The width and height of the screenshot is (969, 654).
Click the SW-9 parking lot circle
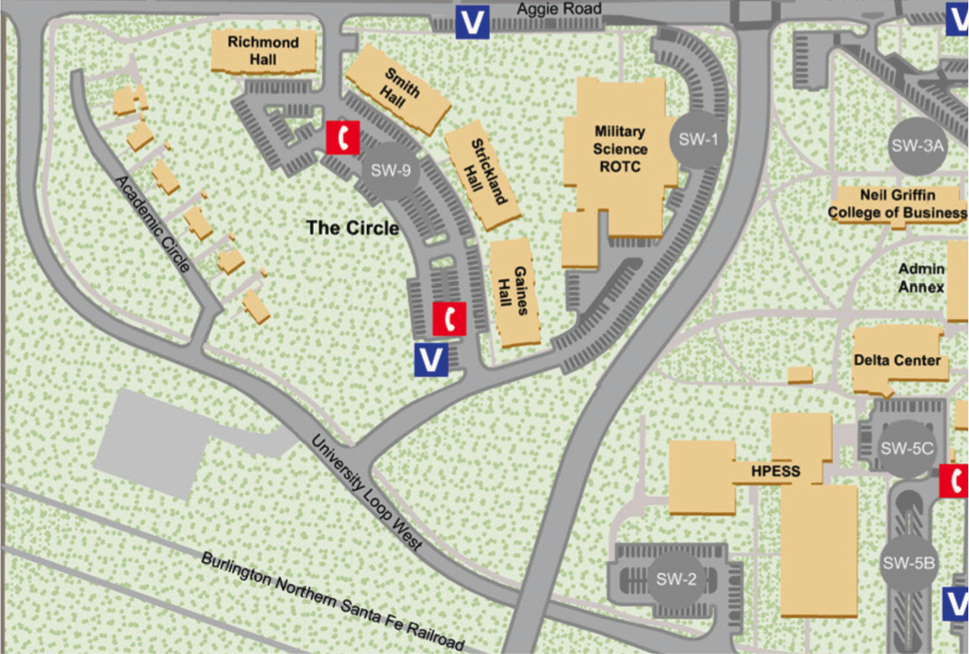389,170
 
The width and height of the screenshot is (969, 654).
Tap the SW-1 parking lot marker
698,140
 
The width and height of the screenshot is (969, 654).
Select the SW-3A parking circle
917,145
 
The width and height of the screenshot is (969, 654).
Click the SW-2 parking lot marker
675,578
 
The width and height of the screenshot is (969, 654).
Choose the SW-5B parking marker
909,564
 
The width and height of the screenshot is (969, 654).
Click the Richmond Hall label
262,51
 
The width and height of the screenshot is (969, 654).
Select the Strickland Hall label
481,173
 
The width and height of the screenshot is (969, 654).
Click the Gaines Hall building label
514,289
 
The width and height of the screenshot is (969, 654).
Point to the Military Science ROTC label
620,150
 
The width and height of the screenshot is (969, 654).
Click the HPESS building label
774,471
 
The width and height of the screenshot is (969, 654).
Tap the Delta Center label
896,360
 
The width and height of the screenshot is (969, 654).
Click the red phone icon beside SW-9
343,137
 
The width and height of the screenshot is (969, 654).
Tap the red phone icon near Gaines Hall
449,318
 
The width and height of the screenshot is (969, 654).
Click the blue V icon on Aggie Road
472,22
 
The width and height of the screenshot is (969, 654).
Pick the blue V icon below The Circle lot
431,359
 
